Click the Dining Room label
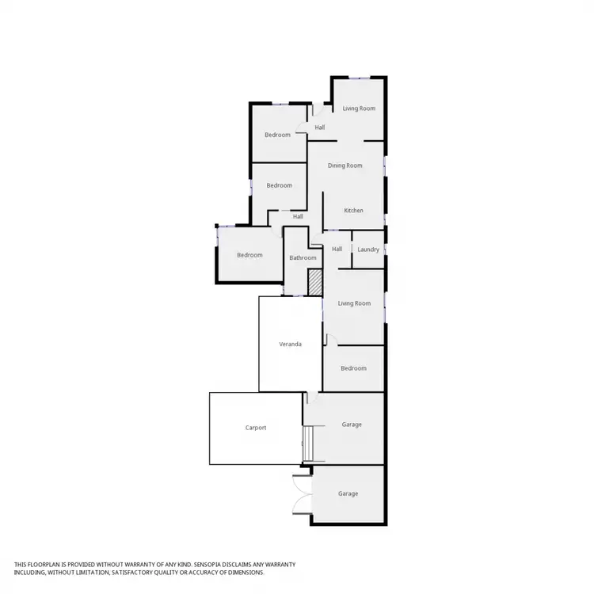(x=345, y=166)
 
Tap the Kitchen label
(x=353, y=210)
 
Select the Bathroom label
(x=303, y=257)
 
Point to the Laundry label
(x=368, y=249)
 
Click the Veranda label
(x=289, y=345)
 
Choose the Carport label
(x=256, y=428)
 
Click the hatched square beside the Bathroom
(x=314, y=283)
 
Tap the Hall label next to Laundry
(x=337, y=249)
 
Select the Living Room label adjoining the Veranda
(x=354, y=303)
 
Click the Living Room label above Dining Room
(x=359, y=108)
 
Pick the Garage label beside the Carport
(x=352, y=425)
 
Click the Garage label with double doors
(x=348, y=493)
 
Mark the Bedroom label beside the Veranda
(x=353, y=368)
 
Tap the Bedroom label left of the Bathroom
(x=249, y=254)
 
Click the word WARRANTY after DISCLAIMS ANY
(x=280, y=564)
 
